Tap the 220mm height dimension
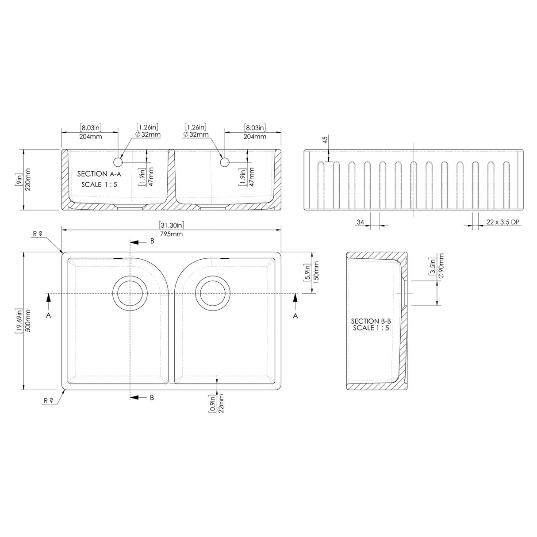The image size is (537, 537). pos(28,179)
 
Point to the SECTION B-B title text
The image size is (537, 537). pos(371,322)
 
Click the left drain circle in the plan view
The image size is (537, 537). pos(130,293)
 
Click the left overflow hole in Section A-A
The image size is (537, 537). pos(118,162)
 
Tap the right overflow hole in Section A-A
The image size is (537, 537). pos(224,162)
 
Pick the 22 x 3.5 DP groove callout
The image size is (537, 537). pos(502,222)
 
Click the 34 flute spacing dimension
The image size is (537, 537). pos(361,222)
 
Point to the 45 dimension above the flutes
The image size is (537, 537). pos(325,140)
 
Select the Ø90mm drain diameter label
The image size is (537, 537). pos(441,267)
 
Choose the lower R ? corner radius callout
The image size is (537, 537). pos(48,400)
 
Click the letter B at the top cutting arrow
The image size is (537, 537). pos(152,241)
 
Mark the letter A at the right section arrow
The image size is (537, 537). pos(295,315)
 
